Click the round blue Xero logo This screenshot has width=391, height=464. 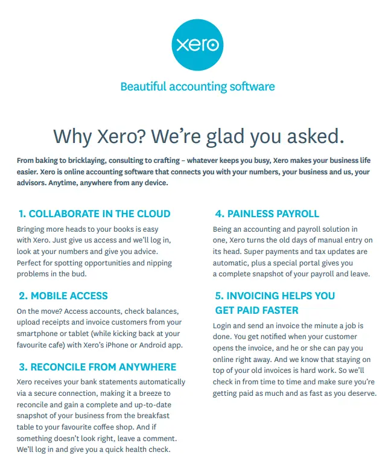[x=197, y=44]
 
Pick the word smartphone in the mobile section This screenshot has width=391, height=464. [x=38, y=334]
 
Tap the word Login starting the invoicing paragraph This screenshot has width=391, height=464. [x=225, y=326]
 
